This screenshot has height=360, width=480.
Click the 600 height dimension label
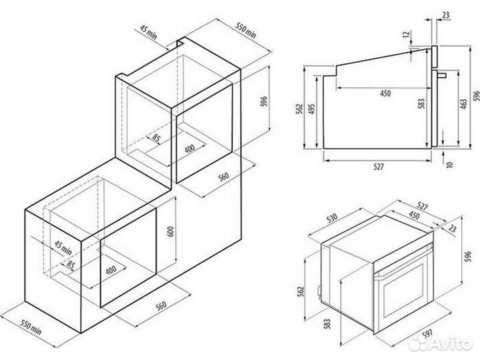[x=171, y=231]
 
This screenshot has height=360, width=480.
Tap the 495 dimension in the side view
[x=311, y=109]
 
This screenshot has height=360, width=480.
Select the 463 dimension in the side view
[x=464, y=104]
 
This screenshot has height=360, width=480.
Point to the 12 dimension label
[x=407, y=34]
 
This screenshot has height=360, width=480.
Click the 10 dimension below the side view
[x=449, y=164]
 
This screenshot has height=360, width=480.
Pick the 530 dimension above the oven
[x=332, y=217]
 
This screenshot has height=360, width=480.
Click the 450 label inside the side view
[x=385, y=93]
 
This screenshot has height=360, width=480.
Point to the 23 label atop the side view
[x=446, y=15]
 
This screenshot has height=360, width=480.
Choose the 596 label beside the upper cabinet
[x=264, y=101]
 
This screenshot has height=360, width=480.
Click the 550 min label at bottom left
[x=31, y=327]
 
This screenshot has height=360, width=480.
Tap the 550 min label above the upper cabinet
[x=245, y=30]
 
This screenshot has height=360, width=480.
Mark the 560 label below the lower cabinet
[x=161, y=305]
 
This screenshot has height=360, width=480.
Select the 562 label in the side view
[x=299, y=109]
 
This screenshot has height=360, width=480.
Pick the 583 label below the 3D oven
[x=327, y=324]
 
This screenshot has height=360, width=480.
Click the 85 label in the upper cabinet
[x=156, y=138]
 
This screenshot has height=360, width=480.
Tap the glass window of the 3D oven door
[x=403, y=290]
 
